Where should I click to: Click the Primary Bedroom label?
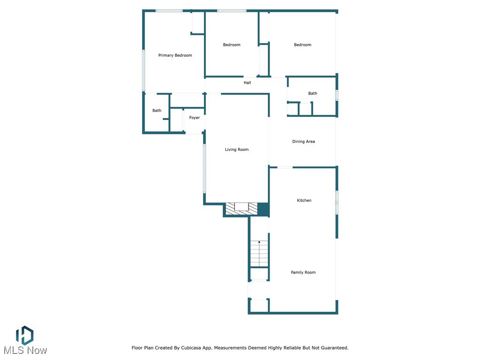click(x=175, y=55)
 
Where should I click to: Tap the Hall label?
click(x=247, y=82)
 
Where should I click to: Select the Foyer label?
click(x=195, y=118)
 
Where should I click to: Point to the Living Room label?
click(x=237, y=150)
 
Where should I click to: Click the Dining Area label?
click(x=303, y=141)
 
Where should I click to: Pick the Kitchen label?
click(x=304, y=200)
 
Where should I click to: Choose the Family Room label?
click(x=303, y=272)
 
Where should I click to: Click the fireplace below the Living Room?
click(x=241, y=209)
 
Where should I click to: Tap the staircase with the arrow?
click(x=259, y=254)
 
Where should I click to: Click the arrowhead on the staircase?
click(x=259, y=242)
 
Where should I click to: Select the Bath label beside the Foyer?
click(x=157, y=111)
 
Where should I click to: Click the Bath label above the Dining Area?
click(x=313, y=93)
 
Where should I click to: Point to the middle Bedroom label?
click(x=232, y=45)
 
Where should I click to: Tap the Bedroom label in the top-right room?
click(x=302, y=45)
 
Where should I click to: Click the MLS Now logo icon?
click(x=24, y=335)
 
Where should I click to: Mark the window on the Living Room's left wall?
click(x=204, y=168)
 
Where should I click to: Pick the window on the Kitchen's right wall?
click(x=337, y=202)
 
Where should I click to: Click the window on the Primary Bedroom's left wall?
click(x=143, y=70)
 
